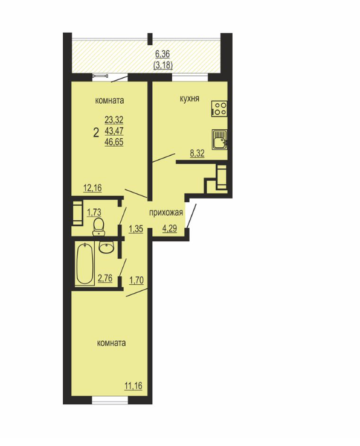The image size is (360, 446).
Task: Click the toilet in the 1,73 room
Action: (98, 227)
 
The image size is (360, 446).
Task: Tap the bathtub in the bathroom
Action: (85, 264)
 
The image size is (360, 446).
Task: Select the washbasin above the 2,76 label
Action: (107, 247)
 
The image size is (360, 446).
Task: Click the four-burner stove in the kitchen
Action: (219, 109)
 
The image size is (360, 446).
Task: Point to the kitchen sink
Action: (220, 139)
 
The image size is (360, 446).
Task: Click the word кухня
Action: (190, 99)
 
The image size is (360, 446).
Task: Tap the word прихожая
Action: (166, 212)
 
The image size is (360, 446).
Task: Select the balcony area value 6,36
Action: (162, 54)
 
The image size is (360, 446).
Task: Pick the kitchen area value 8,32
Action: (198, 154)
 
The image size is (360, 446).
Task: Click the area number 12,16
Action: (92, 188)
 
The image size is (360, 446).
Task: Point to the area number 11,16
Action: (133, 386)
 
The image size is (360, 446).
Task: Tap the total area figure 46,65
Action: (114, 142)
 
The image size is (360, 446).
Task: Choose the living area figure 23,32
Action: (114, 119)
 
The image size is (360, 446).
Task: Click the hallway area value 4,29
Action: (170, 228)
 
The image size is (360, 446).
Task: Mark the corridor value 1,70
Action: (137, 281)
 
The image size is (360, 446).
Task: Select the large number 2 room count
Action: (96, 133)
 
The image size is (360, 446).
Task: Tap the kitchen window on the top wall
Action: (190, 77)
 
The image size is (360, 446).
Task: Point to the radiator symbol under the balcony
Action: (100, 76)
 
